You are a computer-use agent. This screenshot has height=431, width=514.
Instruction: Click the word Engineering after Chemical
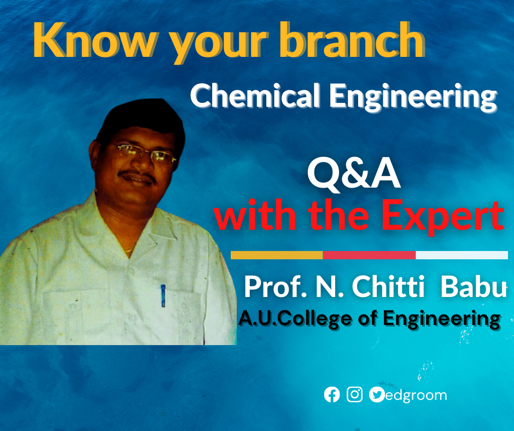pos(413,97)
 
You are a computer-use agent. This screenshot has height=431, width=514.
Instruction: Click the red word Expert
pos(442,216)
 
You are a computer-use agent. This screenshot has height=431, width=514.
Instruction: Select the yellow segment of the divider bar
pos(277,255)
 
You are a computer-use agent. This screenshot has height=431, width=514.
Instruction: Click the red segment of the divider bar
pos(369,255)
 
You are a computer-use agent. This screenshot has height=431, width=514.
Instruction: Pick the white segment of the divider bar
pos(462,255)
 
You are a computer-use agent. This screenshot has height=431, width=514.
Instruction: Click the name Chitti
pos(388,287)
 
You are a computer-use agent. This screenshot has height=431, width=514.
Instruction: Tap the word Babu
pos(474,287)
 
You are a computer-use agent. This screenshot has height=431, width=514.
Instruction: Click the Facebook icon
pos(332,394)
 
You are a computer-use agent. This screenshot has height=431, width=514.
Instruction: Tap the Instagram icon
pos(355,394)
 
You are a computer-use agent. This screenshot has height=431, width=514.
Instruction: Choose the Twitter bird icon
pos(377,394)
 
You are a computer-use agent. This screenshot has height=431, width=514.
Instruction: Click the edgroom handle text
pos(416,395)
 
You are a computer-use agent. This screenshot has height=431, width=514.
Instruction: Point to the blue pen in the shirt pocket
pos(163,295)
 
